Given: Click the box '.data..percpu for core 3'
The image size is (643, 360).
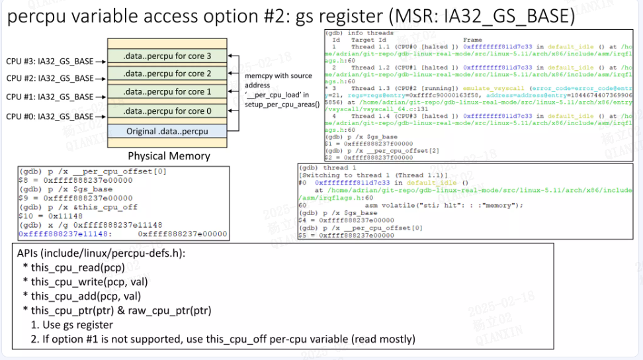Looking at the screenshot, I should (167, 56).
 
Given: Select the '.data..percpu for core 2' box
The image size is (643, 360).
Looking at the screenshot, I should (167, 74).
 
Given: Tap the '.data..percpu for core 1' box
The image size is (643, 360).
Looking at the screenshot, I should (167, 92).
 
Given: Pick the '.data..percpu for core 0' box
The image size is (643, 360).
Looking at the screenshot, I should (167, 111).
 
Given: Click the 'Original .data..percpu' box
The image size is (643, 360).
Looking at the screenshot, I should (167, 131).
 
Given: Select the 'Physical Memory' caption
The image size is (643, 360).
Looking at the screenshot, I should (169, 156).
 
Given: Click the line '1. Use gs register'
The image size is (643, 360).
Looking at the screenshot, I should (72, 324).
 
